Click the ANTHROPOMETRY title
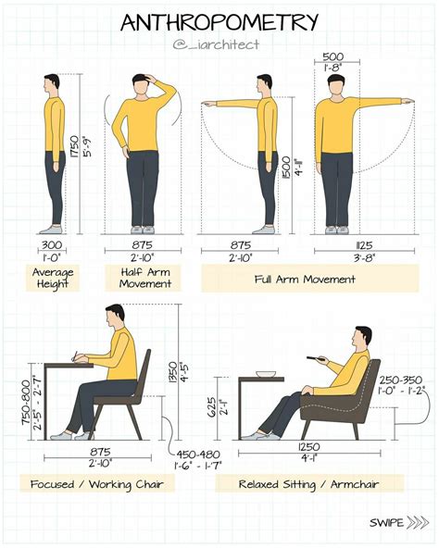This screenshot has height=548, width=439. pos(219,23)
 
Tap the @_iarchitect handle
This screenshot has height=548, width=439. pos(216,44)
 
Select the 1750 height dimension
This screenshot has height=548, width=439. pos(74,146)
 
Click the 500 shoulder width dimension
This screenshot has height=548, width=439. pos(333,56)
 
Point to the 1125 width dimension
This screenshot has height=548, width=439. pos(364,245)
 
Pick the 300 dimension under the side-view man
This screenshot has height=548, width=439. pos(52,245)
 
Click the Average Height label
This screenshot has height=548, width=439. pos(53,278)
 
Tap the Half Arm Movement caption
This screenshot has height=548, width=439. pos(145,278)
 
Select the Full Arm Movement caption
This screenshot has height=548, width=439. pos(305,280)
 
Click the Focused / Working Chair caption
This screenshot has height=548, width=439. pos(97,484)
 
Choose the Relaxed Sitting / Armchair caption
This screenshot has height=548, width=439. pos(308,484)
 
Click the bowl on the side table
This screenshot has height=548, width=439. pos(266,374)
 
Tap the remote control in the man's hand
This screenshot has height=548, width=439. pos(316,358)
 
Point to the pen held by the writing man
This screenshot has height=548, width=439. pos(74,356)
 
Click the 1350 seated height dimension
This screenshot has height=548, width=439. pos(173,372)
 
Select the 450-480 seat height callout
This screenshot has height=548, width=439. pos(197,455)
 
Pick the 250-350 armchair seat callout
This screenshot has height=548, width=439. pos(401,380)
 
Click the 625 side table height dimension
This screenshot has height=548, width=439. pos(212,407)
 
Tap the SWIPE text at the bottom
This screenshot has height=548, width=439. pos(386,523)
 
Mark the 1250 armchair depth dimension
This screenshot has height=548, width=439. pos(308,447)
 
